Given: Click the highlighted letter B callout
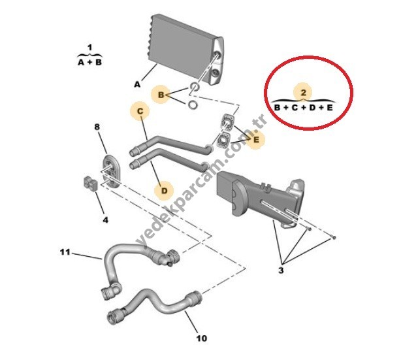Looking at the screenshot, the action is coord(161,95).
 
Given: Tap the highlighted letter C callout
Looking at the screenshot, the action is coord(140,111).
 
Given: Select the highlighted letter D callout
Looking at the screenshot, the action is coord(164,191).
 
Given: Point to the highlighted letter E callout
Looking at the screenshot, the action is coord(256,139).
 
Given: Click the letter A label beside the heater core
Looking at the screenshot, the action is coord(137,84).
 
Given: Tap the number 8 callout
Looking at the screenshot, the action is coord(97,127).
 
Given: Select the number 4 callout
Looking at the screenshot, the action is coord(105,220).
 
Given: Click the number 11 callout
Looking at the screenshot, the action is coord(65,252).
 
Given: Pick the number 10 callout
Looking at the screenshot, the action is coord(202,338).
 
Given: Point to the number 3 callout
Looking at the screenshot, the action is coord(281,270).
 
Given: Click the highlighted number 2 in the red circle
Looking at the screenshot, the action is coord(303,92).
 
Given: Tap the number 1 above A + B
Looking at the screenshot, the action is coord(89,48).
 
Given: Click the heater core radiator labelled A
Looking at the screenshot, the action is coord(186,49).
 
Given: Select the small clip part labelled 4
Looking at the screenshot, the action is coord(89,184).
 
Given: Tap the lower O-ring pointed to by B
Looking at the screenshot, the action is coord(193,105).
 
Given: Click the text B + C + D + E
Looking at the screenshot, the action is coord(303,107).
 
